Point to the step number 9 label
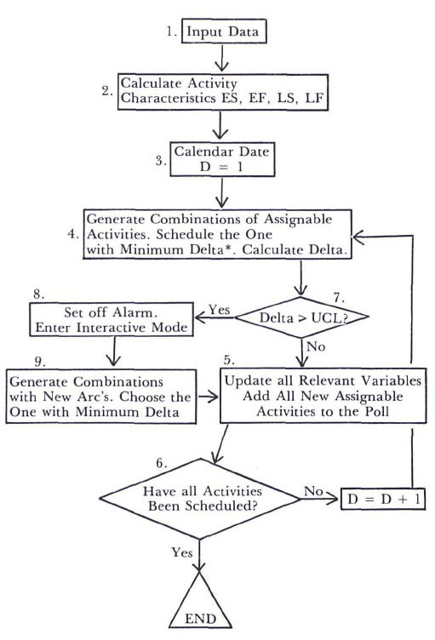point(40,362)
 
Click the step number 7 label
point(339,298)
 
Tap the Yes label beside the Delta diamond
point(220,310)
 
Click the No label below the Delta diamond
point(316,346)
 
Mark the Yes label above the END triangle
point(182,552)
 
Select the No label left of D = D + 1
point(313,491)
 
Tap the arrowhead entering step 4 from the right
point(358,236)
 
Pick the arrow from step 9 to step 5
point(208,396)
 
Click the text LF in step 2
point(314,98)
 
